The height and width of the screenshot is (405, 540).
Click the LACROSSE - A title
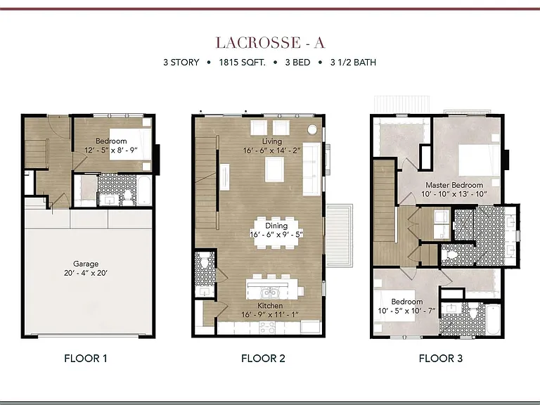(270, 43)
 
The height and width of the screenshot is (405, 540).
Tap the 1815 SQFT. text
(242, 63)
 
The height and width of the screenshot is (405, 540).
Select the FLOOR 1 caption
(86, 359)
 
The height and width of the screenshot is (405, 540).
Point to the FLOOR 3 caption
(441, 359)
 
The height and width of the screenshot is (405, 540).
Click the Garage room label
(86, 264)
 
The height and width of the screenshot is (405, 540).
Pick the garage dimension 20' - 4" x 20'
(86, 273)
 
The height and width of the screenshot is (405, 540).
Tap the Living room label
(272, 141)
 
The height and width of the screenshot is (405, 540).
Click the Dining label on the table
(276, 226)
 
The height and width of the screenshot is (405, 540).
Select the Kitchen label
(270, 305)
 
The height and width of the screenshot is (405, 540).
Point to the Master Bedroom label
(454, 185)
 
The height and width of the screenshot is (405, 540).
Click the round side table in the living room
(312, 129)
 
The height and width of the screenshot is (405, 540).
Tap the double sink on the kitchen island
(270, 293)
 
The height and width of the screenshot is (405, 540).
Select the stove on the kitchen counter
(267, 328)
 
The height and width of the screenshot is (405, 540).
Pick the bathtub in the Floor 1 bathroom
(144, 191)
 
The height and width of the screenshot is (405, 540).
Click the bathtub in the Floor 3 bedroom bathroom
(493, 320)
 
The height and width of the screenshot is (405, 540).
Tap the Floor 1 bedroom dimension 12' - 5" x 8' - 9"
(111, 150)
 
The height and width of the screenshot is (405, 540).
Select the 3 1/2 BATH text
(353, 63)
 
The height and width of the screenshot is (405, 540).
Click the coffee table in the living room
(274, 169)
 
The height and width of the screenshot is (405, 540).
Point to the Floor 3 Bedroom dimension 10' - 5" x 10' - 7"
(406, 311)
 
